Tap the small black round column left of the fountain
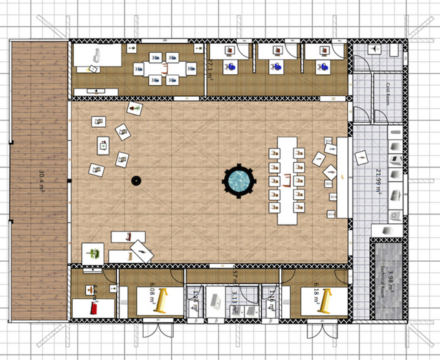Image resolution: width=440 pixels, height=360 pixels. tap(136, 181)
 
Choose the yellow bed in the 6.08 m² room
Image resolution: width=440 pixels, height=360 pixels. tap(164, 301)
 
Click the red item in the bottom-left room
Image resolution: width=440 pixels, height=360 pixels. tap(92, 310)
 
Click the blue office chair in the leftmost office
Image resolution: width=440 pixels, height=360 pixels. tap(231, 66)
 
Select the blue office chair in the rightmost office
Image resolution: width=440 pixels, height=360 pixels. tap(321, 66)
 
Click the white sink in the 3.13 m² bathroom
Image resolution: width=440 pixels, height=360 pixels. tap(217, 300)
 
